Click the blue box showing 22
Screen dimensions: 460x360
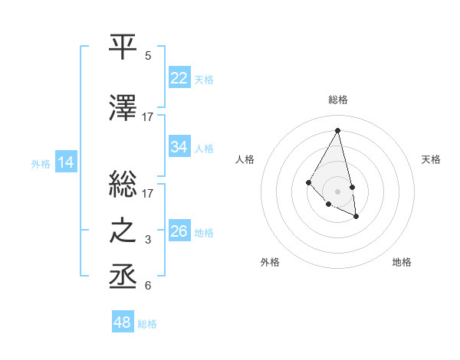(179, 78)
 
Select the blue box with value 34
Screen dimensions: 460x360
(179, 147)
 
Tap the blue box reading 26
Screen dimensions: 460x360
(179, 231)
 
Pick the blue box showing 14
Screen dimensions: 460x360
(66, 162)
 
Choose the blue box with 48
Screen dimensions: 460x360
(123, 322)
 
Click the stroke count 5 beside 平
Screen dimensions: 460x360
(148, 55)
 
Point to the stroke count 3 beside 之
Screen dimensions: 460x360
(148, 240)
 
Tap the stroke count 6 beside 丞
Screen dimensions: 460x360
(148, 286)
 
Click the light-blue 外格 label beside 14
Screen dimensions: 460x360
(41, 163)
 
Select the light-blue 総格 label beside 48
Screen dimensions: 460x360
(147, 324)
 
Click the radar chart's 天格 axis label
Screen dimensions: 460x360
(431, 159)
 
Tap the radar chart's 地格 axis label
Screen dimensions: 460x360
(402, 262)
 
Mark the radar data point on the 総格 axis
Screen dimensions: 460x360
(337, 130)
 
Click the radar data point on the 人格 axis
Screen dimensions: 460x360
(308, 182)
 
